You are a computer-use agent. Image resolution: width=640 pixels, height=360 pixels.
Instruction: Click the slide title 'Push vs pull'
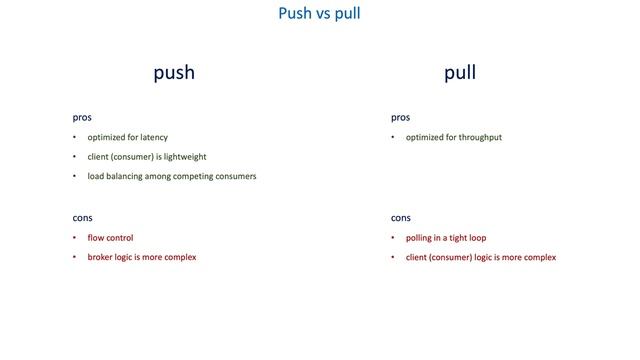[x=319, y=14]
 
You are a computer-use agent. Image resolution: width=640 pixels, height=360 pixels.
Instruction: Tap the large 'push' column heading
[x=173, y=73]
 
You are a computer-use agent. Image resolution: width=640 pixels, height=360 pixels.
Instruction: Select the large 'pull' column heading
[x=460, y=73]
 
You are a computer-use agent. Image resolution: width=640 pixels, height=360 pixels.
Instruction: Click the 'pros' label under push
[x=82, y=117]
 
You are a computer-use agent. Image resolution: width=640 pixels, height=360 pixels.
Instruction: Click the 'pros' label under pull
[x=401, y=117]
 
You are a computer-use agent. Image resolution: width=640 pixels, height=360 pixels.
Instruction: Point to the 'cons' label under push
[x=82, y=217]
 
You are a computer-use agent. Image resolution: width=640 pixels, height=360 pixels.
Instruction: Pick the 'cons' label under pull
[x=401, y=217]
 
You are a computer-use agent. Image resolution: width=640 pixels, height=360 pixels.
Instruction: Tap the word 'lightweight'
[x=184, y=157]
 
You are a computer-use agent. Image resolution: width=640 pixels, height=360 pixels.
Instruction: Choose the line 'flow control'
[x=110, y=238]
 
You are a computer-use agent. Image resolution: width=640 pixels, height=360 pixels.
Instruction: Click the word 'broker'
[x=102, y=257]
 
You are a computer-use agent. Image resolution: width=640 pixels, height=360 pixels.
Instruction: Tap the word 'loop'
[x=477, y=238]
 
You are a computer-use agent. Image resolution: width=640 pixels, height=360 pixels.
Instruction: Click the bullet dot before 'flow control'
[x=74, y=238]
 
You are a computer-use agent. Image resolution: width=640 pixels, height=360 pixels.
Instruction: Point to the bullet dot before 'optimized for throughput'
[x=393, y=137]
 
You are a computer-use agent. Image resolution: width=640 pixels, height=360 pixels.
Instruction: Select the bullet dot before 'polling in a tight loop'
[x=393, y=238]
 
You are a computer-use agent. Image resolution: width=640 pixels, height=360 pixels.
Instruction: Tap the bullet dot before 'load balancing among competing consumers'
[x=74, y=176]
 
